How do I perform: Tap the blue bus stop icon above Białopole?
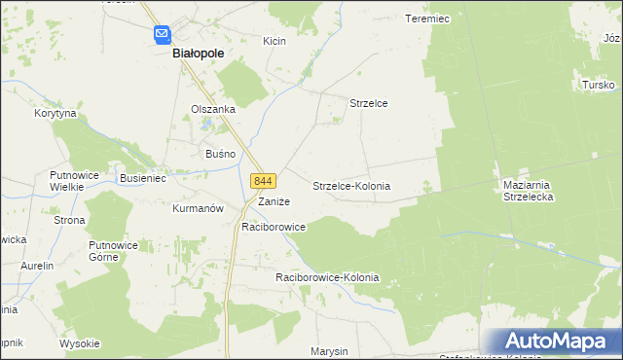pos(162,35)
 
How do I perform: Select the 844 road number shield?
pos(264,181)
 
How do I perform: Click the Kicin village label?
pos(274,41)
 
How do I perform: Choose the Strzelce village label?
pos(369,103)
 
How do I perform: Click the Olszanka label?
pos(213,109)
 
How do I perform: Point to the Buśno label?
pos(216,154)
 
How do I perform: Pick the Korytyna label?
pos(55,114)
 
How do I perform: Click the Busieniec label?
pos(144,179)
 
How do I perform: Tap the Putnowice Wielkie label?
pos(69,182)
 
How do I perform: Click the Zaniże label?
pos(273,201)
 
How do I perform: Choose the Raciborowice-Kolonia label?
pos(327,278)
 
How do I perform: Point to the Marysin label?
pos(329,350)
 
